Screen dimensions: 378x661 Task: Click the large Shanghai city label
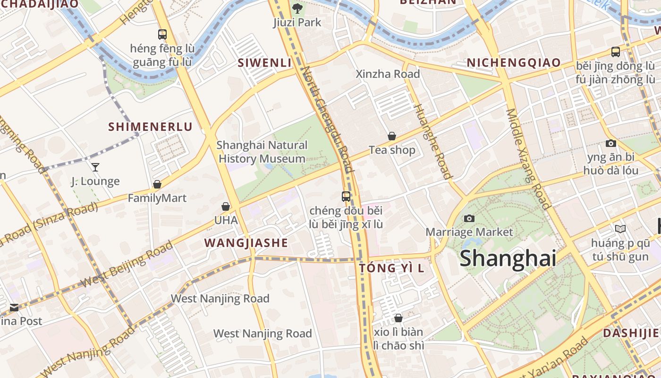pyautogui.click(x=508, y=258)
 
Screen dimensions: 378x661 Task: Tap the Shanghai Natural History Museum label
pyautogui.click(x=262, y=152)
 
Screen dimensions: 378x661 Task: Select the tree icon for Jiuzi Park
pyautogui.click(x=297, y=8)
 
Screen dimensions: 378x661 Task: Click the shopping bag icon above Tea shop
pyautogui.click(x=392, y=136)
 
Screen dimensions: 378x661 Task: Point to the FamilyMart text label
pyautogui.click(x=157, y=198)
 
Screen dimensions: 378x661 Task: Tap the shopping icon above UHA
pyautogui.click(x=226, y=206)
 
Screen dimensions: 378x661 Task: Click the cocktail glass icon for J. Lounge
pyautogui.click(x=95, y=167)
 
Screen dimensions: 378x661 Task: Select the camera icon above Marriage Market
pyautogui.click(x=469, y=218)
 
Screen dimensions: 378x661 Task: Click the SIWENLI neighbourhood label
pyautogui.click(x=264, y=62)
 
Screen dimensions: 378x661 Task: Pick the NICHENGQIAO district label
pyautogui.click(x=514, y=62)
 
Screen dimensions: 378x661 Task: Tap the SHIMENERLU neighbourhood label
pyautogui.click(x=150, y=127)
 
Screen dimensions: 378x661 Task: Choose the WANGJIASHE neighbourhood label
pyautogui.click(x=246, y=243)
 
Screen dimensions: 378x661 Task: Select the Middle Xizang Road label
pyautogui.click(x=528, y=159)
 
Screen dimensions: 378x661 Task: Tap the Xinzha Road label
pyautogui.click(x=387, y=74)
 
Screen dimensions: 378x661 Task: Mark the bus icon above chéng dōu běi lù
pyautogui.click(x=346, y=196)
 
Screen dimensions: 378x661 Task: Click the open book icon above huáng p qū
pyautogui.click(x=620, y=229)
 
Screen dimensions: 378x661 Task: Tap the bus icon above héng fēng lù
pyautogui.click(x=162, y=34)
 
